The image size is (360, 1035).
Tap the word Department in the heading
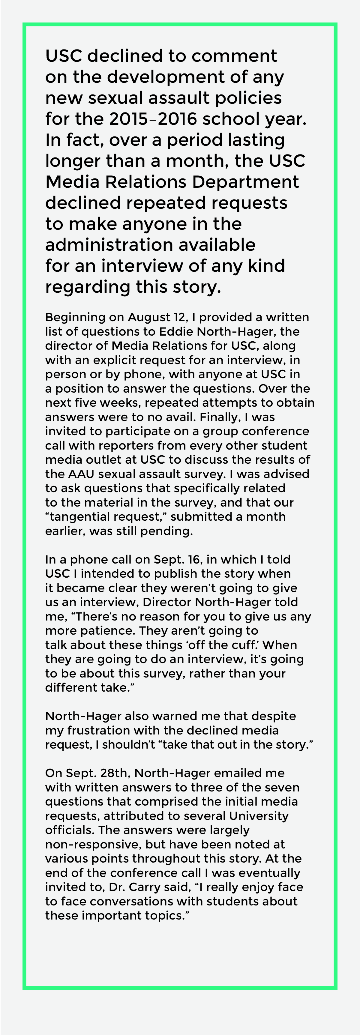coord(245,182)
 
